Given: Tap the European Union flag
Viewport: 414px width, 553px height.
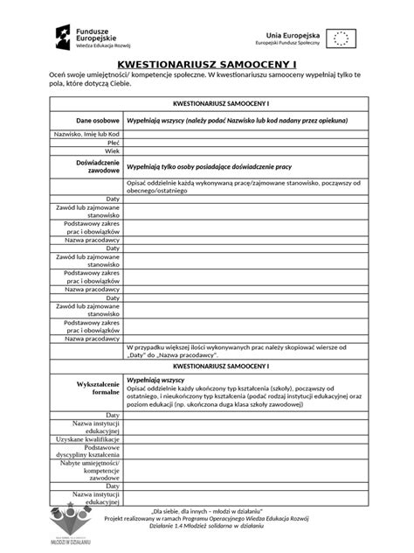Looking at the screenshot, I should click(x=342, y=38).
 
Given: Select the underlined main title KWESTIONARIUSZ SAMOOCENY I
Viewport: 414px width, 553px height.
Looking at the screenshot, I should click(x=206, y=66).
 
